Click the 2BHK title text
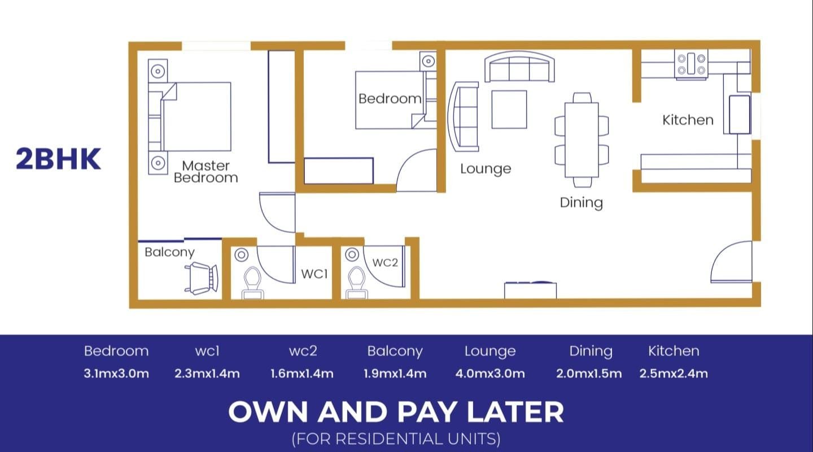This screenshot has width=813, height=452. [58, 159]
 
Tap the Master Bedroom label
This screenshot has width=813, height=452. [206, 172]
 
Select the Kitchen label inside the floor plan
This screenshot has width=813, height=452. [688, 120]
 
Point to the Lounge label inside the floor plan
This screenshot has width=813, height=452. [486, 169]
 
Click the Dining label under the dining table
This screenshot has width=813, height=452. [581, 203]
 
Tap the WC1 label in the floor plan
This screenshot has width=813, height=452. [314, 274]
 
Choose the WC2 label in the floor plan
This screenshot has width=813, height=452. [385, 262]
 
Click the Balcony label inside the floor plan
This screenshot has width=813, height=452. [169, 252]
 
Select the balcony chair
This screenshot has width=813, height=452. [202, 278]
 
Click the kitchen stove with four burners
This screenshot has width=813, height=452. [691, 64]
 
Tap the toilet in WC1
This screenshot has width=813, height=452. [252, 283]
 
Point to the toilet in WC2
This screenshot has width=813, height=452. [356, 283]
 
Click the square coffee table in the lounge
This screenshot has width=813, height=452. [509, 109]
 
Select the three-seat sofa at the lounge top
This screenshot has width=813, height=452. [519, 67]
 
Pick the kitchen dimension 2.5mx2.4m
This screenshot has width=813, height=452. [674, 374]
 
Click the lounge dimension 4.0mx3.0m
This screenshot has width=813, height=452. [490, 374]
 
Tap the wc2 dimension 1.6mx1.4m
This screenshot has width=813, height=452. [302, 374]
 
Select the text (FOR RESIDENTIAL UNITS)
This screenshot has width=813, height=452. [396, 439]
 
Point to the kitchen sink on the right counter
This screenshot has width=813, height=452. [740, 114]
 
